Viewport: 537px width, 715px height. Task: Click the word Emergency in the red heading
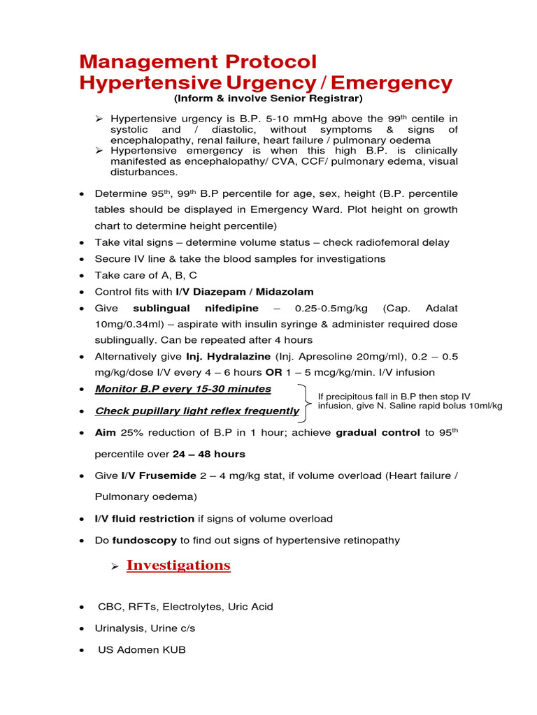click(392, 83)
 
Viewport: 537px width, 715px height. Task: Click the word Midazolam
click(284, 291)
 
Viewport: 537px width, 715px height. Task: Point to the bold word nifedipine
click(231, 308)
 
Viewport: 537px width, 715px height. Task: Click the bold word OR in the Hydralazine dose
click(273, 372)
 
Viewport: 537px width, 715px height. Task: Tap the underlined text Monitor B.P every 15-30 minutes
click(183, 389)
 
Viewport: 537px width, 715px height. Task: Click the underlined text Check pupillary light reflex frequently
click(197, 411)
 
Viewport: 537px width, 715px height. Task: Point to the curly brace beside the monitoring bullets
click(305, 401)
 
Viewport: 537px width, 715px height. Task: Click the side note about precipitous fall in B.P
click(410, 401)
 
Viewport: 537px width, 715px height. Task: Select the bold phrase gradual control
click(378, 432)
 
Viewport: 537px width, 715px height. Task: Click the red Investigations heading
click(178, 565)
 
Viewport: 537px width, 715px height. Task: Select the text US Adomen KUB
click(142, 650)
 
